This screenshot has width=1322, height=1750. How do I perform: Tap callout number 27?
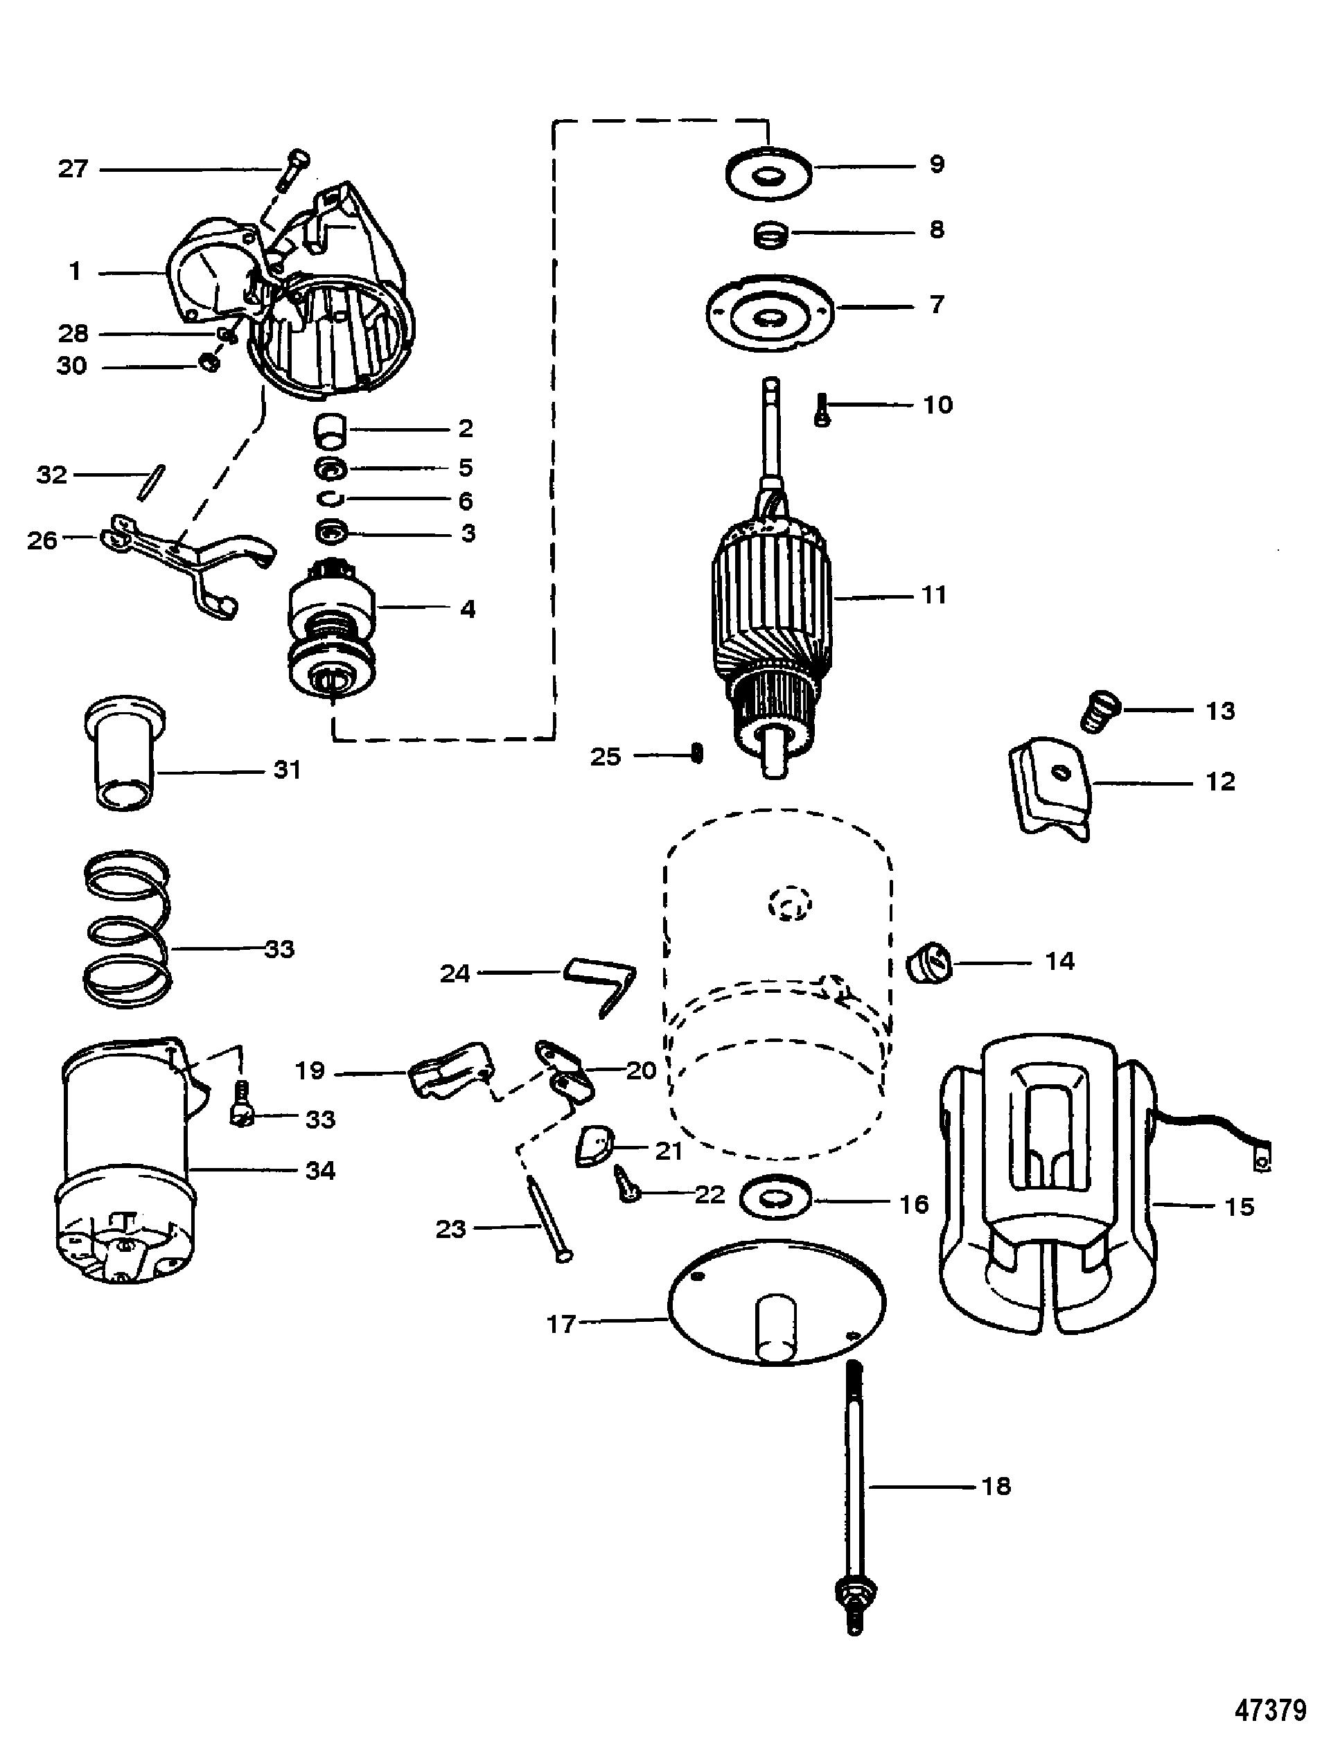73,168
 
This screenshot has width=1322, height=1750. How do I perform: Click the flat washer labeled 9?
769,174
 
